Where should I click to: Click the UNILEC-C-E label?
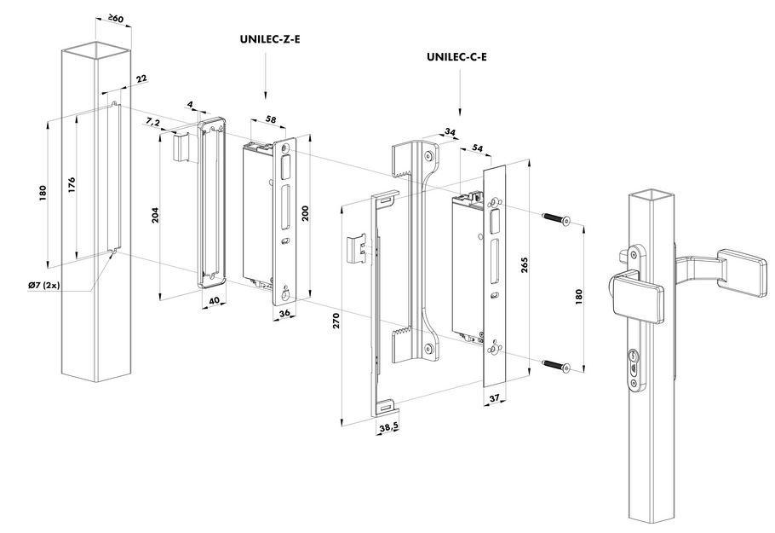point(461,58)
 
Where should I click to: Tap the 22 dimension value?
point(141,78)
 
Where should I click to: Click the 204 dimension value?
point(155,216)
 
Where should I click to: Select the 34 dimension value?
point(450,131)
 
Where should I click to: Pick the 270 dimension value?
point(336,321)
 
